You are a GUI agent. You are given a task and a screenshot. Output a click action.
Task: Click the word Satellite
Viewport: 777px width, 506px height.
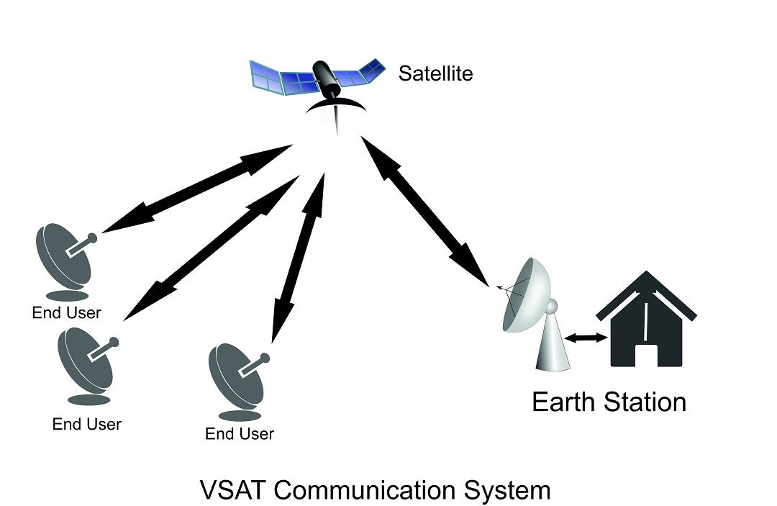(436, 73)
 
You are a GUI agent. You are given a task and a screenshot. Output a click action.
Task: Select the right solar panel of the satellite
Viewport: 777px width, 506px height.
(363, 73)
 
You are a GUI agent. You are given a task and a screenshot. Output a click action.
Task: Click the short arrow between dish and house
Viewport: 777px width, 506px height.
(581, 337)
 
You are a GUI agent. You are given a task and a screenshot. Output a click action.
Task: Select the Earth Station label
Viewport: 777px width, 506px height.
(609, 402)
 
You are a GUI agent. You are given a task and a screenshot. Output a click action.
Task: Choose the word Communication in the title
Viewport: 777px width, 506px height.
(363, 490)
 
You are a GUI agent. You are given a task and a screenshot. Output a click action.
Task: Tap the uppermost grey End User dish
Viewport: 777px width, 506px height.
(64, 259)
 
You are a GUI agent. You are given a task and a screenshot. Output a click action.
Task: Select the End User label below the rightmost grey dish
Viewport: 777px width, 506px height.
(240, 434)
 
